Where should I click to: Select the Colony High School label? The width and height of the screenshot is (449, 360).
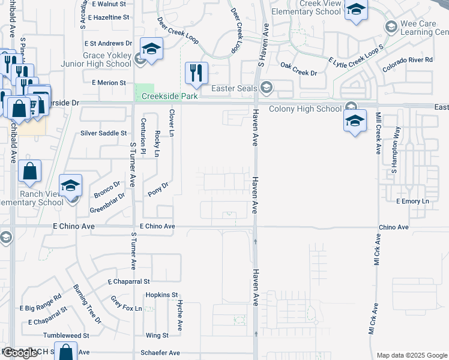click(304, 109)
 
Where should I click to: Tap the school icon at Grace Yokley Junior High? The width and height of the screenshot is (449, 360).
click(151, 49)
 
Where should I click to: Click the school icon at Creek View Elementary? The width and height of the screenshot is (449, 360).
click(356, 10)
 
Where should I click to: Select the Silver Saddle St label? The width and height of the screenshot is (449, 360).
click(104, 133)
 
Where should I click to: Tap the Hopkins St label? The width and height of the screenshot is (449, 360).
click(162, 295)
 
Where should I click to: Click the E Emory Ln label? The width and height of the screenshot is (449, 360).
click(414, 201)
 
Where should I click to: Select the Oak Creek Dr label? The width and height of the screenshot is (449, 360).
click(298, 73)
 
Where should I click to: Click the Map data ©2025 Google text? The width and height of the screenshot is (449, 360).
click(412, 355)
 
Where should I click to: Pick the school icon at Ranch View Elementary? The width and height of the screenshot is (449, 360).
click(70, 186)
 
